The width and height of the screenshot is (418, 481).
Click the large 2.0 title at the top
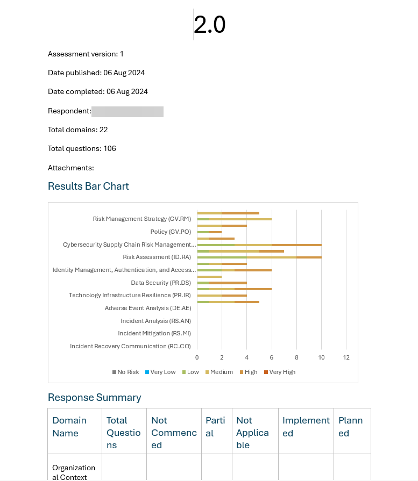(210, 25)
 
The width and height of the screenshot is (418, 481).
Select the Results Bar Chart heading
(88, 186)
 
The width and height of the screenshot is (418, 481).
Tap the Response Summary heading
(95, 397)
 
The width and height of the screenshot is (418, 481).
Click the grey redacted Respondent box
(127, 112)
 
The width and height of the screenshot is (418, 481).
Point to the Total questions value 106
(110, 148)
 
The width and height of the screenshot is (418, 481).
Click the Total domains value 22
(103, 130)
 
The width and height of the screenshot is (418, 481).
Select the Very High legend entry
(280, 372)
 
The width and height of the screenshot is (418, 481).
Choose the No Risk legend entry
(125, 372)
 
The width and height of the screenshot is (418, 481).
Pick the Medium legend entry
(219, 372)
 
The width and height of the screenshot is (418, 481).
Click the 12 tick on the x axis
(346, 357)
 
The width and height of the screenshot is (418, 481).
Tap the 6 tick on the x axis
(272, 357)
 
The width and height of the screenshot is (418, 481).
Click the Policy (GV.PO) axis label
(171, 232)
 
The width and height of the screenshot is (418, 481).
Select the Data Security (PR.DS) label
(161, 283)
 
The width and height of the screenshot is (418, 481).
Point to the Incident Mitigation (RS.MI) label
(154, 333)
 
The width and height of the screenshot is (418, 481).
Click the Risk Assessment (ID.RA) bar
(259, 257)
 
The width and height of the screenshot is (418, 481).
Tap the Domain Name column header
(69, 427)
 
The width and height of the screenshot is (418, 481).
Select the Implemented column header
(306, 427)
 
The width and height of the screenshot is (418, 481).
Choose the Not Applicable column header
(252, 433)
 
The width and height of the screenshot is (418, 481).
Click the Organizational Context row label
(74, 472)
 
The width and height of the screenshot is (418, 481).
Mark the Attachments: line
(71, 168)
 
